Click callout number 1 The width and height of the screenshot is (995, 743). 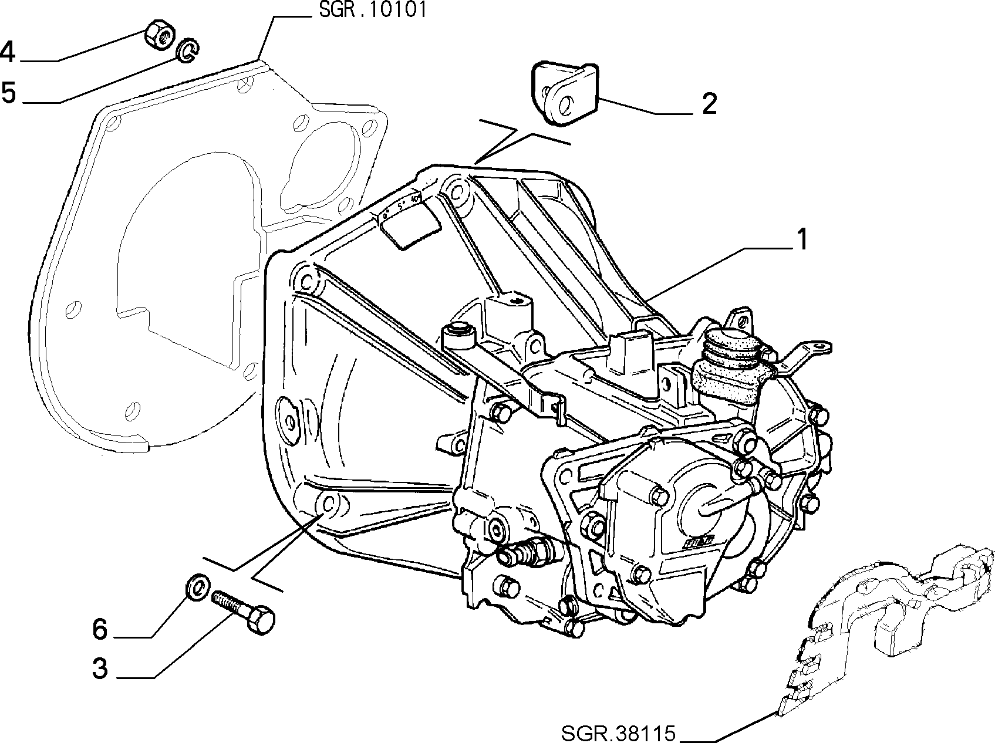click(801, 240)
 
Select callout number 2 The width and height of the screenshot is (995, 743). click(709, 104)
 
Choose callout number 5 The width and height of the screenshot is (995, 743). click(8, 93)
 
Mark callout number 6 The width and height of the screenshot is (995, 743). click(100, 629)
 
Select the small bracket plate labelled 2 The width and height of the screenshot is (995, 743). click(565, 93)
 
